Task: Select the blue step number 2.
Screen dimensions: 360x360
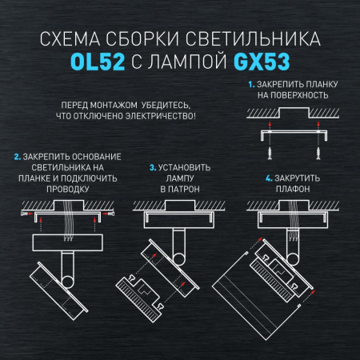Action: coord(17,154)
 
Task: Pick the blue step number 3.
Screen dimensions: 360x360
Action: coord(152,168)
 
